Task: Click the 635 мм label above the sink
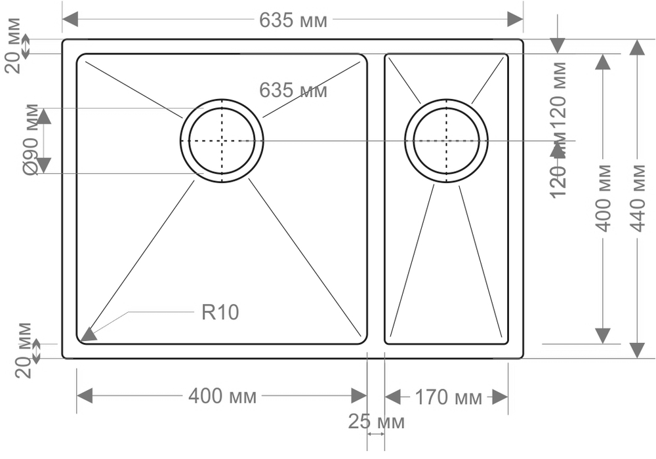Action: point(293,20)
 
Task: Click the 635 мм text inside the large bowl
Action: point(293,90)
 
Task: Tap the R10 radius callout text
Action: point(220,313)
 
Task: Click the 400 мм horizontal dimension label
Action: point(222,396)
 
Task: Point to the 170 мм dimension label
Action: point(448,397)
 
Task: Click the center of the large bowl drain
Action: point(222,140)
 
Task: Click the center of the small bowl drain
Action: point(446,140)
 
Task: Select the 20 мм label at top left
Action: point(12,45)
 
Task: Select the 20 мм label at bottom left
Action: point(24,349)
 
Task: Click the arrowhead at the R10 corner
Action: point(88,334)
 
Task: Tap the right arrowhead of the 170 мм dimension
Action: point(499,397)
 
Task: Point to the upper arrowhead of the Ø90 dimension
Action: point(43,116)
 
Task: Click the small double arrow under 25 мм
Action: point(376,433)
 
